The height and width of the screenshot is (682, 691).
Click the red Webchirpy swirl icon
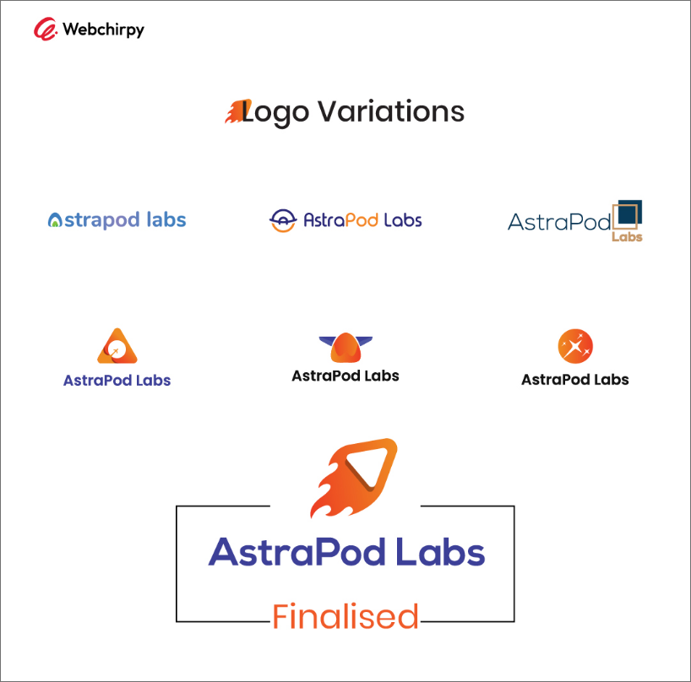coord(46,29)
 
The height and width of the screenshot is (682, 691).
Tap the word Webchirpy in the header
coord(104,30)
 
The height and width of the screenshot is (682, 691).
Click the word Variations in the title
coord(391,111)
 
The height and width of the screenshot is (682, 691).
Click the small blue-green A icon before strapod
coord(55,220)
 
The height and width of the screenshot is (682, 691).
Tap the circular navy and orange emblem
coord(282,220)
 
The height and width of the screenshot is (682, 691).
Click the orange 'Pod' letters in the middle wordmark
coord(362,219)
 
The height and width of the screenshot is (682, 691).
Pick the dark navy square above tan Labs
coord(629,212)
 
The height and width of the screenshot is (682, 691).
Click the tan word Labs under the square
coord(627,237)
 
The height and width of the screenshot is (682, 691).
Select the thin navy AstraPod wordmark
coord(559,221)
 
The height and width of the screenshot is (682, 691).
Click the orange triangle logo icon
coord(117,346)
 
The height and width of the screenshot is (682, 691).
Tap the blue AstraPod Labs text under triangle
coord(117,381)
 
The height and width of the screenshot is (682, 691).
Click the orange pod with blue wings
coord(345,348)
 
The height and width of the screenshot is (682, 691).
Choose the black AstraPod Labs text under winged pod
coord(345,376)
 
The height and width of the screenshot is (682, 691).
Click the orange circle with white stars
coord(575,346)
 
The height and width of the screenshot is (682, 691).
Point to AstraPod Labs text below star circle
coord(575,380)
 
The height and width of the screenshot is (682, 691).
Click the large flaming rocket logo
coord(353,477)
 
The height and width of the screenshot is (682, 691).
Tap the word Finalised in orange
coord(345,616)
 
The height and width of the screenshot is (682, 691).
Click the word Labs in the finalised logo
coord(440,552)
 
